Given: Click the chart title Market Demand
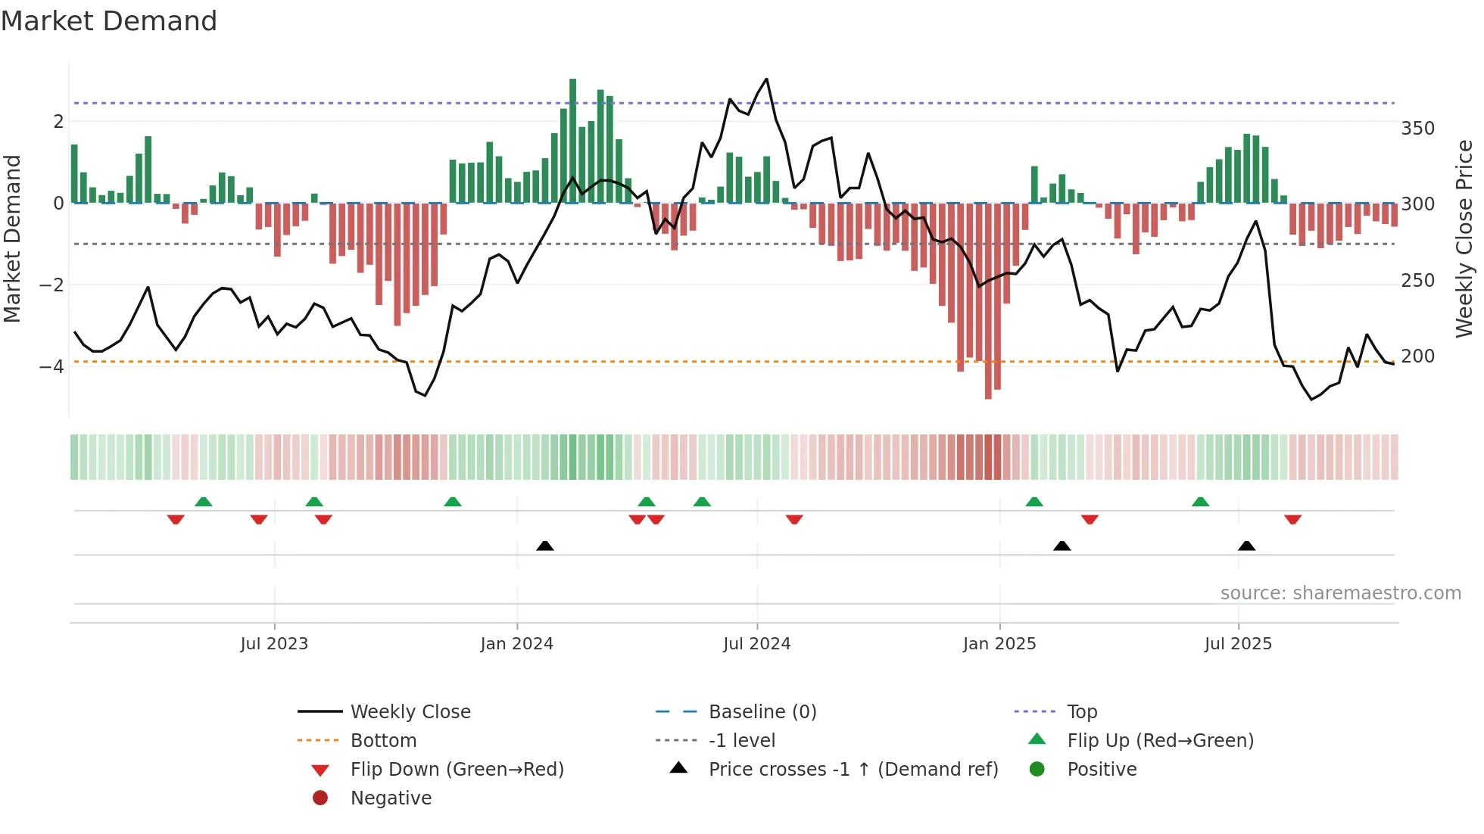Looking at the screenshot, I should (x=109, y=21).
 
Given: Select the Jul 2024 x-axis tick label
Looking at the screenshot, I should (x=756, y=644).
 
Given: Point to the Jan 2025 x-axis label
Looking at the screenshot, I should (x=999, y=644).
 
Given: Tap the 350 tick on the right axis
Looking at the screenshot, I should (x=1417, y=129).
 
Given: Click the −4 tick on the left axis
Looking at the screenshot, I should (x=52, y=367).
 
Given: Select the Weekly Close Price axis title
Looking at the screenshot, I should (x=1464, y=238).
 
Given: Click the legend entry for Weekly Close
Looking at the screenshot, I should (x=410, y=712).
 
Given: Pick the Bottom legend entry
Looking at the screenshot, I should (x=383, y=741).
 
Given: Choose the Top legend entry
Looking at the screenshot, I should (x=1081, y=712).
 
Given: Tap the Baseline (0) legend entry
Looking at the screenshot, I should (x=762, y=712).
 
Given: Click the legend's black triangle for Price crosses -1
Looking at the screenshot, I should (x=678, y=768).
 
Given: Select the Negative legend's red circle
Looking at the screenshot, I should (x=320, y=798).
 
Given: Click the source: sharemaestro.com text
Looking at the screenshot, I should (x=1340, y=593).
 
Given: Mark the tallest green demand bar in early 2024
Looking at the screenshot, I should (x=572, y=140).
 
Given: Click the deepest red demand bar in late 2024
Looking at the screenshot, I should (x=988, y=301).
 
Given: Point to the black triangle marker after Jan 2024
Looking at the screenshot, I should (x=544, y=546).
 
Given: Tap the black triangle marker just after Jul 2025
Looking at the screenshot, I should (x=1246, y=546).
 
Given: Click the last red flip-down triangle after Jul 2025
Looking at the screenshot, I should (x=1292, y=520).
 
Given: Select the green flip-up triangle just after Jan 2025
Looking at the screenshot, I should (x=1034, y=502).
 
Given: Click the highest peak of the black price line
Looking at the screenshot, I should (x=766, y=79).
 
